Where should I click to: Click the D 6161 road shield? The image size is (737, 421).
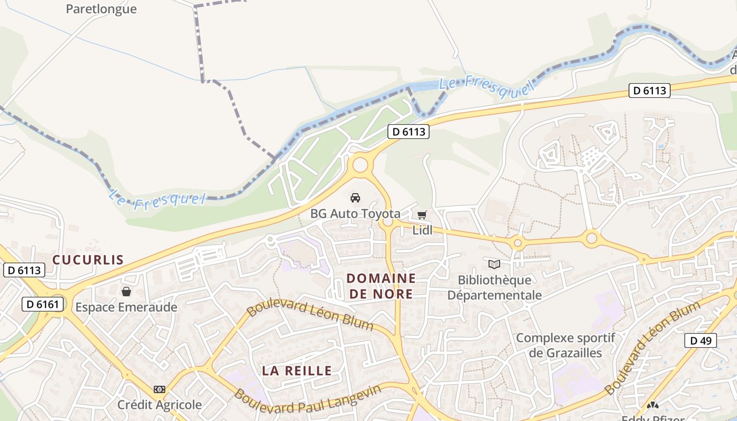pos(43,304)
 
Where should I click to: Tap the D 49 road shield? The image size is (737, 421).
pos(701,340)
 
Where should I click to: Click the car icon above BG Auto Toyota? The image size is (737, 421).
pos(355,198)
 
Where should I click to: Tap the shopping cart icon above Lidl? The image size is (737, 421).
pos(422,215)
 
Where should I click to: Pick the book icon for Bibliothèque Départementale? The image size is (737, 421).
pos(494,264)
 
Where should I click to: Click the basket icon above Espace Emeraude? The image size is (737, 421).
pos(126,292)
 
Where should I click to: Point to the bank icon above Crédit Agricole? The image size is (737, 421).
pos(160,389)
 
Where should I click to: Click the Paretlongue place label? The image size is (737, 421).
pos(101,9)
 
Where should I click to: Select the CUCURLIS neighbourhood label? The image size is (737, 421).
pos(88,259)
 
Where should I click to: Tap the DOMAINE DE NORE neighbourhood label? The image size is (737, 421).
pos(382,286)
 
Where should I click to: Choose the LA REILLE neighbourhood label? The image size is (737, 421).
pos(297,370)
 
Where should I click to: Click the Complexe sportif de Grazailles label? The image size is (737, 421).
pos(565,345)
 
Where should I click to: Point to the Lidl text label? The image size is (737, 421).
pos(422,230)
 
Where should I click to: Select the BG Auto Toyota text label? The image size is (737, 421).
pos(355,214)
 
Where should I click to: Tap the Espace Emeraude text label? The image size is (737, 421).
pos(126,307)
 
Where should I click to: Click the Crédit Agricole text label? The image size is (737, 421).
pos(160,405)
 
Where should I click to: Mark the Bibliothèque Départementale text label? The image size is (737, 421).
pos(494,287)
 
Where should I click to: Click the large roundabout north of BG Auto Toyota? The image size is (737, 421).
pos(360,165)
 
